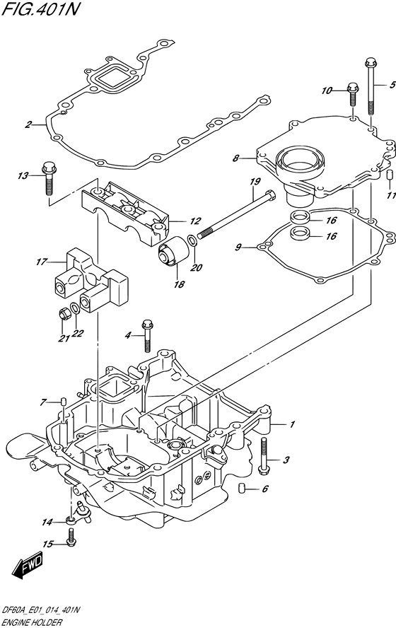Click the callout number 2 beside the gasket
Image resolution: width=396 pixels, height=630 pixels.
pyautogui.click(x=28, y=125)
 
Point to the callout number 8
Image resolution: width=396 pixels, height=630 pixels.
pyautogui.click(x=237, y=160)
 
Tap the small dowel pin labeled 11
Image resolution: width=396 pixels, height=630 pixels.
pyautogui.click(x=389, y=175)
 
